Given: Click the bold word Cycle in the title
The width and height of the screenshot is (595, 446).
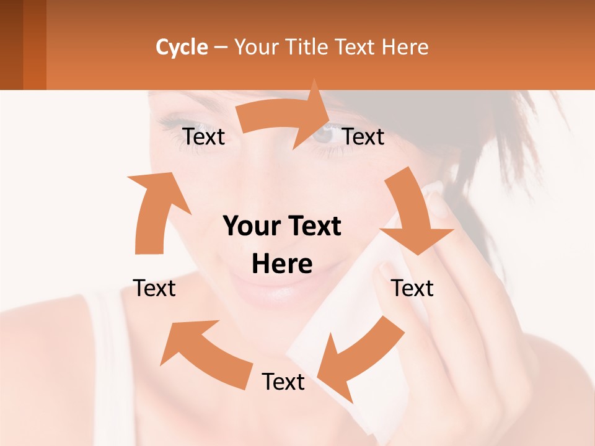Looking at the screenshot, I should pos(182,47).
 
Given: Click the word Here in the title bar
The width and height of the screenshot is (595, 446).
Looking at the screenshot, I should pos(405,47).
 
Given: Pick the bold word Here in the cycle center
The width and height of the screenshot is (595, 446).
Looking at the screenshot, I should pos(282,265).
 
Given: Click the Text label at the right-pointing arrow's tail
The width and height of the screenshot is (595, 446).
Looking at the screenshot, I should pos(203,137).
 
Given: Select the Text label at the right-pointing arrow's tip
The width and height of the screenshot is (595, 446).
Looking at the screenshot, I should pos(363,137).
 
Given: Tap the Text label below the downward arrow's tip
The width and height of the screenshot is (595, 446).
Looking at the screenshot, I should pos(413,288).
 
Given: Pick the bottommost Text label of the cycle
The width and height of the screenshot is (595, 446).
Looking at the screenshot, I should pos(283,382).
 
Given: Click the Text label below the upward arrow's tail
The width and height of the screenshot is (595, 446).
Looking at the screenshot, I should pos(154,288).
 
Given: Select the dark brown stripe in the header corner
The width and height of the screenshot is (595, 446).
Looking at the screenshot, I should pos(11,45).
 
